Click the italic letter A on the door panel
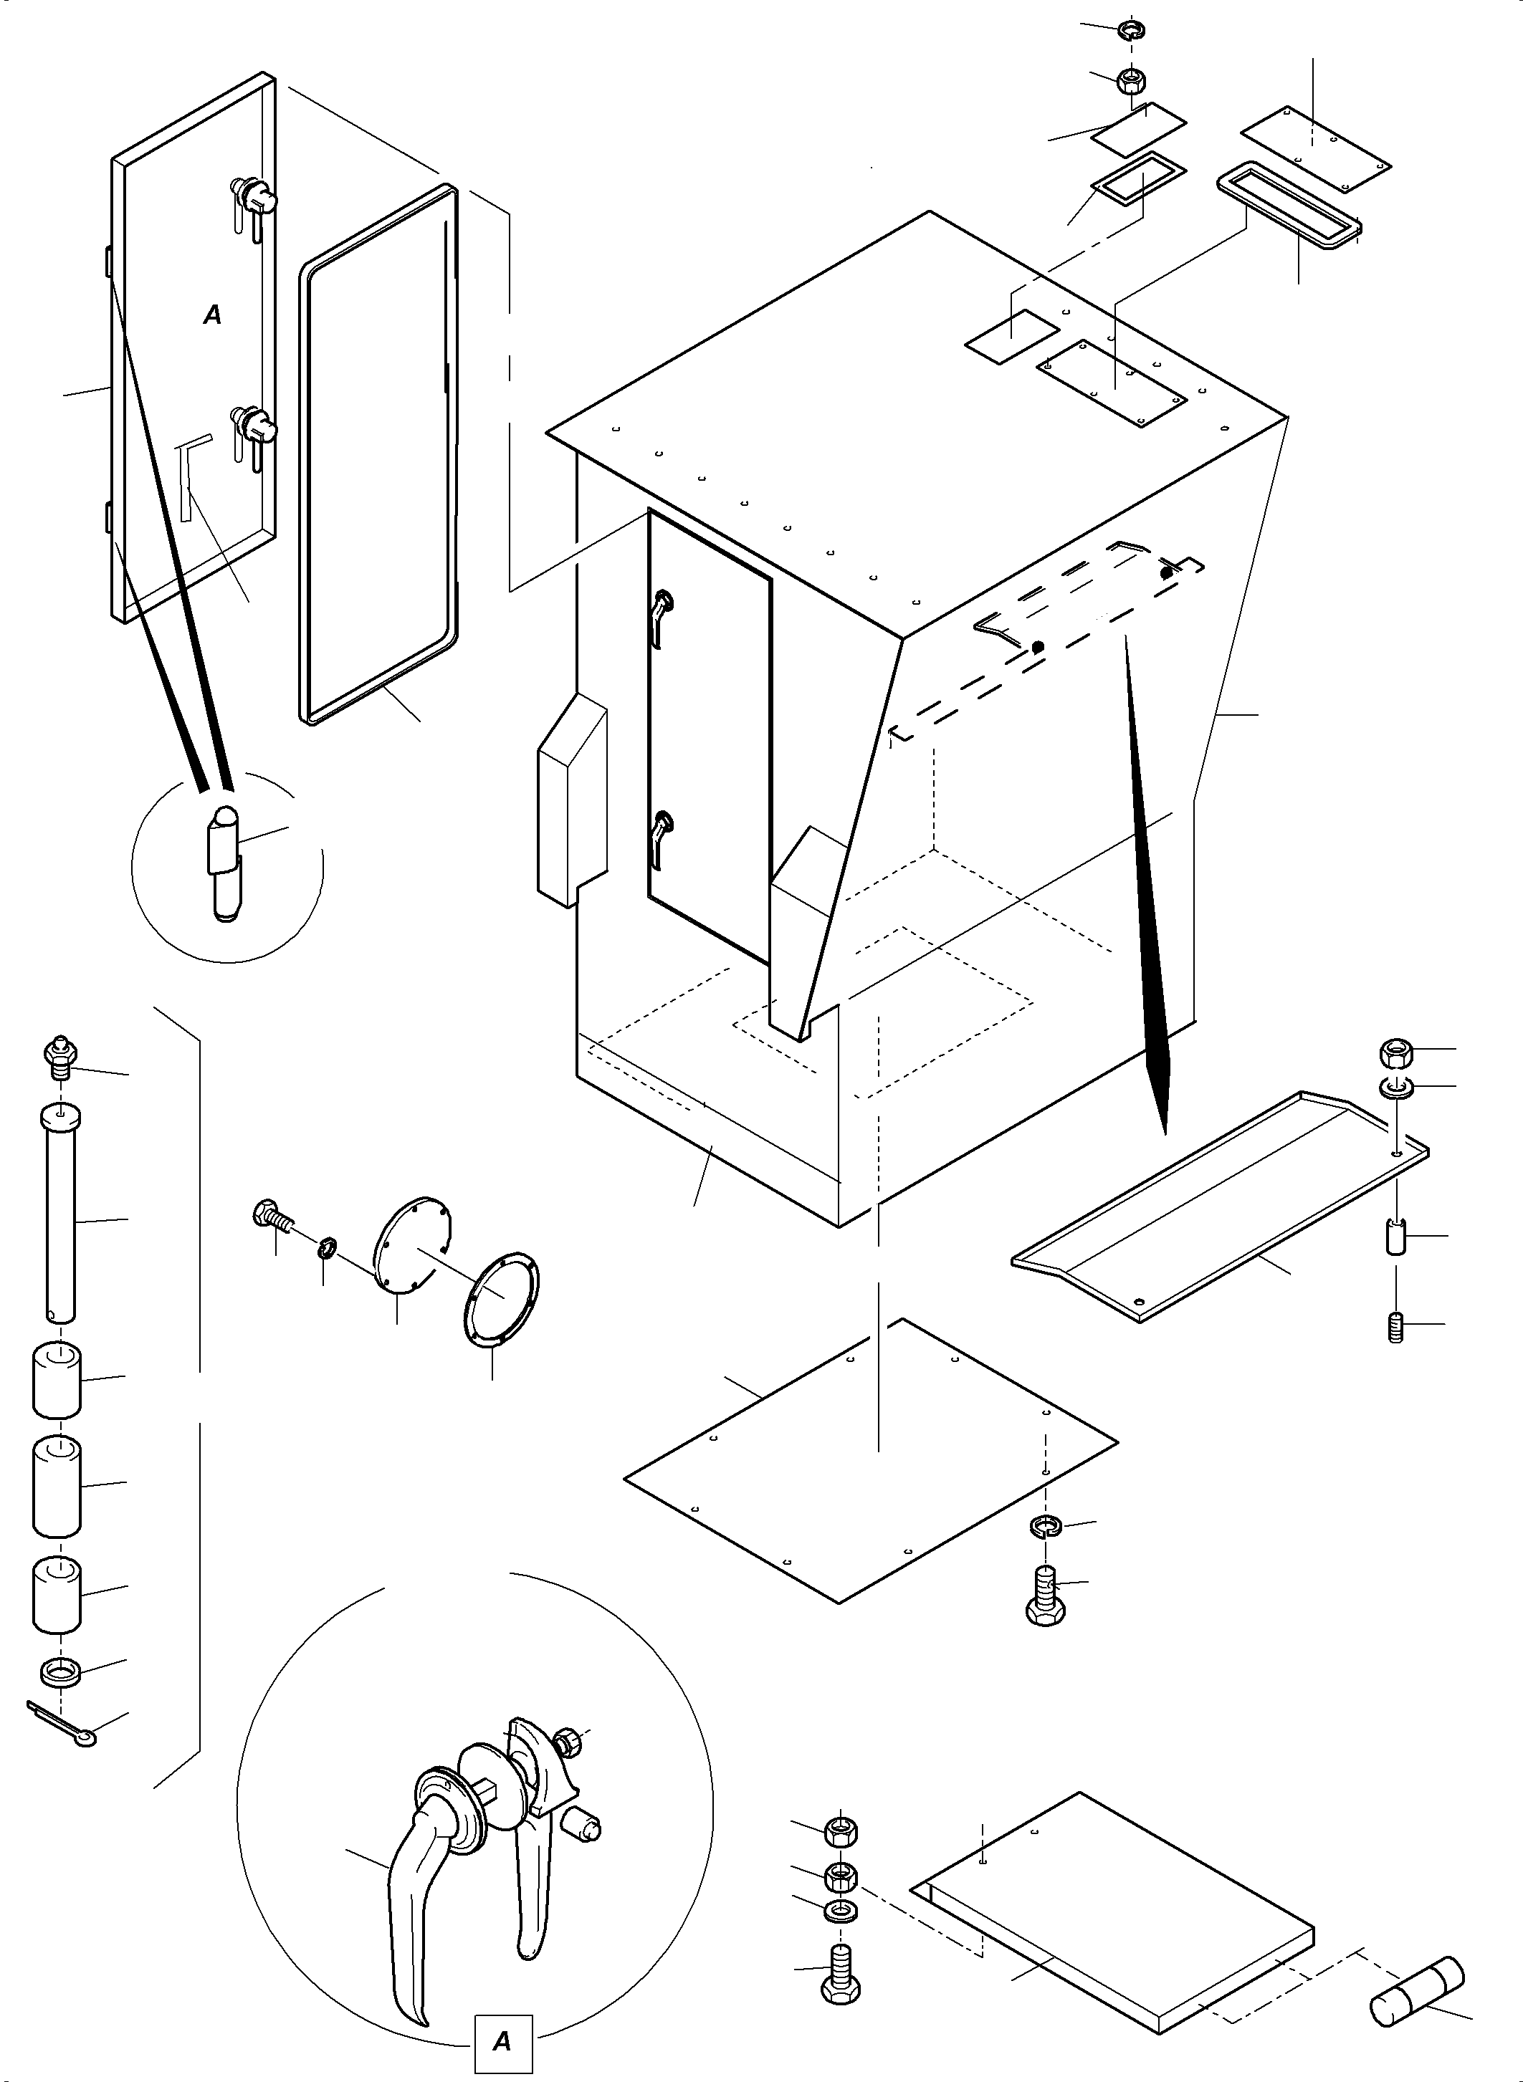point(212,315)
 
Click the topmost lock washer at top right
point(1130,32)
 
